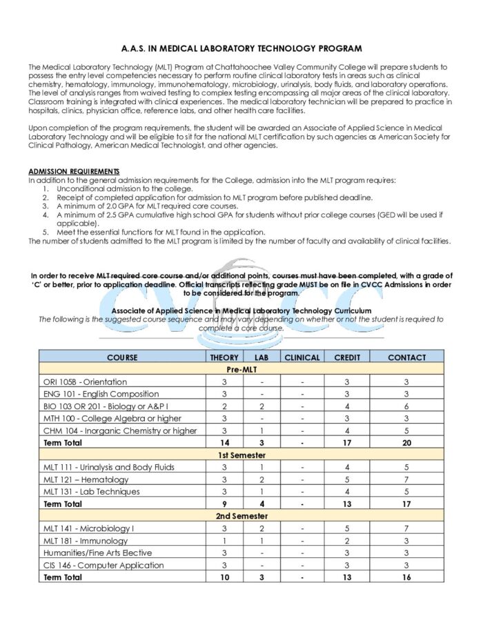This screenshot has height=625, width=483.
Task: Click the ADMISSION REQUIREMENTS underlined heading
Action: pos(74,171)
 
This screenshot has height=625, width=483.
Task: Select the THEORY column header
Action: pos(224,357)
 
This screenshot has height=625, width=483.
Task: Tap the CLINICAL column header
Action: pos(302,357)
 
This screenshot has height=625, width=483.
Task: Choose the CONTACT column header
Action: pos(406,357)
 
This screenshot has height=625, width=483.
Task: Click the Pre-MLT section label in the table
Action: pos(241,370)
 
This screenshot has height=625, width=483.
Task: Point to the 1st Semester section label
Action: pos(241,455)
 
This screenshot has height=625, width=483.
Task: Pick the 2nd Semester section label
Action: pos(241,516)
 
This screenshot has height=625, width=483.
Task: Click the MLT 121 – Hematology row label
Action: pos(86,479)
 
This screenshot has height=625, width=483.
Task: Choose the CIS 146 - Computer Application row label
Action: pos(103,566)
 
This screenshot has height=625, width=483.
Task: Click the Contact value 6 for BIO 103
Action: pos(406,406)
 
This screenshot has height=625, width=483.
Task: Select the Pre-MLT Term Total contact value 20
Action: pos(406,443)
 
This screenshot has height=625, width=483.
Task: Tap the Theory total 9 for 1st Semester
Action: pos(224,504)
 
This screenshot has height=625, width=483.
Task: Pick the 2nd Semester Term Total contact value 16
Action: pos(406,577)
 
